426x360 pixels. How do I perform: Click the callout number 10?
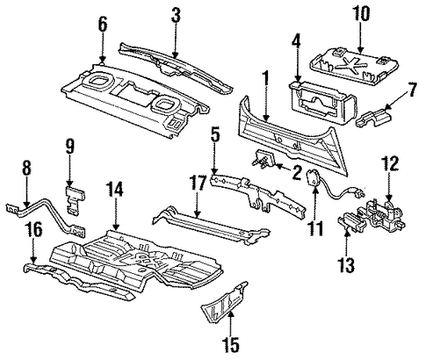(361, 14)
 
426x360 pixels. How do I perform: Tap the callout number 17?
(198, 184)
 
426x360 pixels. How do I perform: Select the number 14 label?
(115, 189)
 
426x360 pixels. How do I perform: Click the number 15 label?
(231, 344)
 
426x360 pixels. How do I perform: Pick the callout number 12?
(390, 164)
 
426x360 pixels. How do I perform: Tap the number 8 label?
(26, 169)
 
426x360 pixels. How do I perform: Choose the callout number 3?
(176, 15)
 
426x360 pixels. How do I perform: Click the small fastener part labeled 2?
(264, 158)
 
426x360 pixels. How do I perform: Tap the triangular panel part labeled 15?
(224, 303)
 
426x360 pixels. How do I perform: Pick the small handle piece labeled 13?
(351, 224)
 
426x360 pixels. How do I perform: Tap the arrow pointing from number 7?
(397, 103)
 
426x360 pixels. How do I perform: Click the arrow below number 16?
(33, 250)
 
